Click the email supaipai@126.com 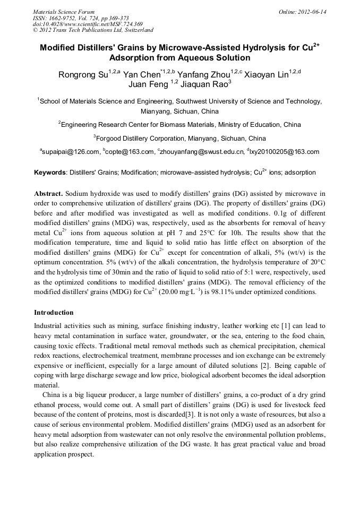(71, 152)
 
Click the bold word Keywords (50, 173)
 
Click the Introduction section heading (54, 313)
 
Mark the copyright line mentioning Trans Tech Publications (93, 30)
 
